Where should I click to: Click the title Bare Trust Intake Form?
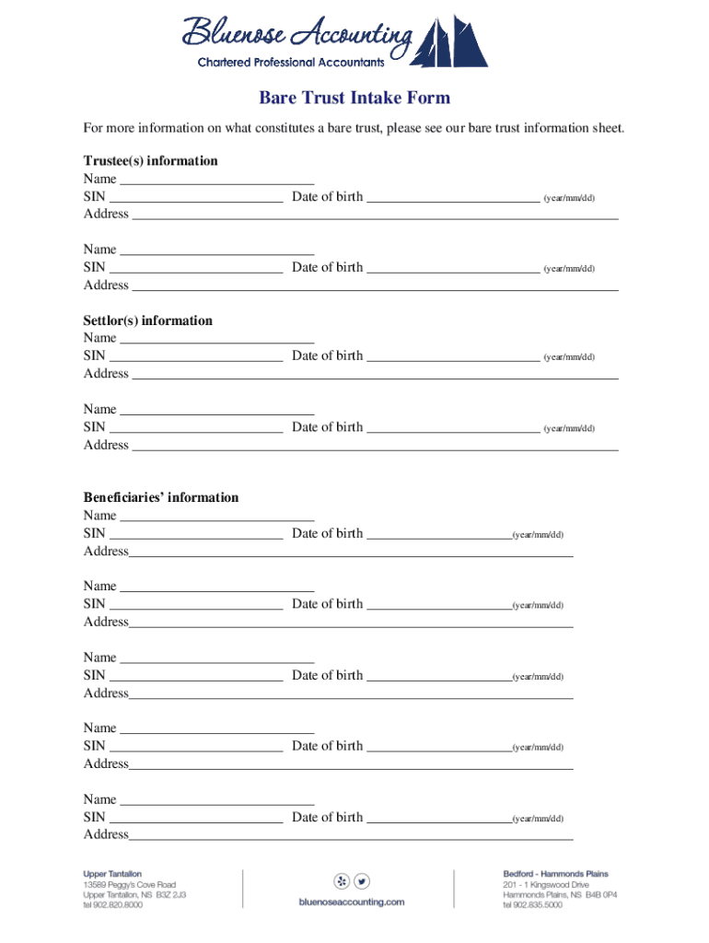pos(354,99)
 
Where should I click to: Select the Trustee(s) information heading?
pos(150,161)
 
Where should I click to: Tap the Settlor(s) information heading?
pos(147,320)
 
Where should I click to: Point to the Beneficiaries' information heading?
pos(160,497)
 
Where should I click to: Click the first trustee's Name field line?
pos(217,181)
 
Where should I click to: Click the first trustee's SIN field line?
pos(195,199)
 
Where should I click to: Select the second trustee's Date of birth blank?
pos(453,270)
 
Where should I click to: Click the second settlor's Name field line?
pos(217,412)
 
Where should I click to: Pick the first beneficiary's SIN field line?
pos(195,536)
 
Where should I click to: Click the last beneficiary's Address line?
pos(351,837)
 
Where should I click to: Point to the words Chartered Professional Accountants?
pos(292,63)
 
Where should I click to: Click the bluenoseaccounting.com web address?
pos(352,902)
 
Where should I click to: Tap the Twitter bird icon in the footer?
pos(362,879)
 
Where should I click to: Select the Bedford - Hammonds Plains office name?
pos(555,873)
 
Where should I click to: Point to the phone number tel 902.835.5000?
pos(532,904)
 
